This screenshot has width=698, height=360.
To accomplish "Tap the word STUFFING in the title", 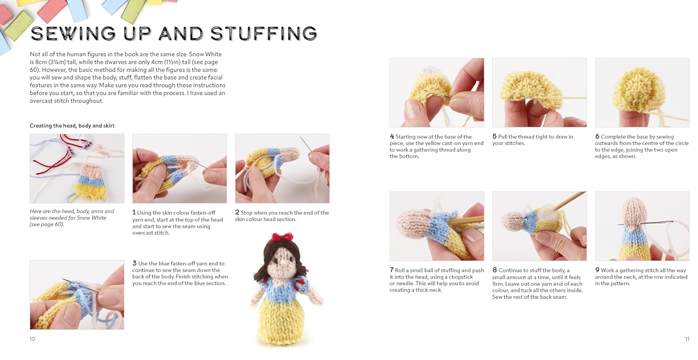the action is click(x=264, y=33).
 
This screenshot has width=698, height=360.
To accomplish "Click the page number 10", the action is click(x=33, y=339).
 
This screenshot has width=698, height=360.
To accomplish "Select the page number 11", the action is click(x=687, y=339).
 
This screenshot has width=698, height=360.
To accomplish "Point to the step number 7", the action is click(x=392, y=270).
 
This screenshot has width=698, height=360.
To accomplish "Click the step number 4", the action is click(x=392, y=136).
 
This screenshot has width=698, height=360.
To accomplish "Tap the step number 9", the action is click(x=597, y=270).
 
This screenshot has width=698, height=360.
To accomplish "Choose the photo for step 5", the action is click(x=539, y=93).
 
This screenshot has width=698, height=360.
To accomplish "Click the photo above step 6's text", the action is click(x=642, y=93).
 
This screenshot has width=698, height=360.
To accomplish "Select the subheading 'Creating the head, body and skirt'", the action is click(x=72, y=126).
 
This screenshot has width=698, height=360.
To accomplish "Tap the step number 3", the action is click(x=134, y=263).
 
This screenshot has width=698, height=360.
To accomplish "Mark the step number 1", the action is click(x=134, y=213).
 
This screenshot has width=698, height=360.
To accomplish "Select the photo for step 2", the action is click(x=282, y=168).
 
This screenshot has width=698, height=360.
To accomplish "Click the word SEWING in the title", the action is click(x=74, y=33).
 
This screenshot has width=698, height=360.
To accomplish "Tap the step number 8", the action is click(x=495, y=270).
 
